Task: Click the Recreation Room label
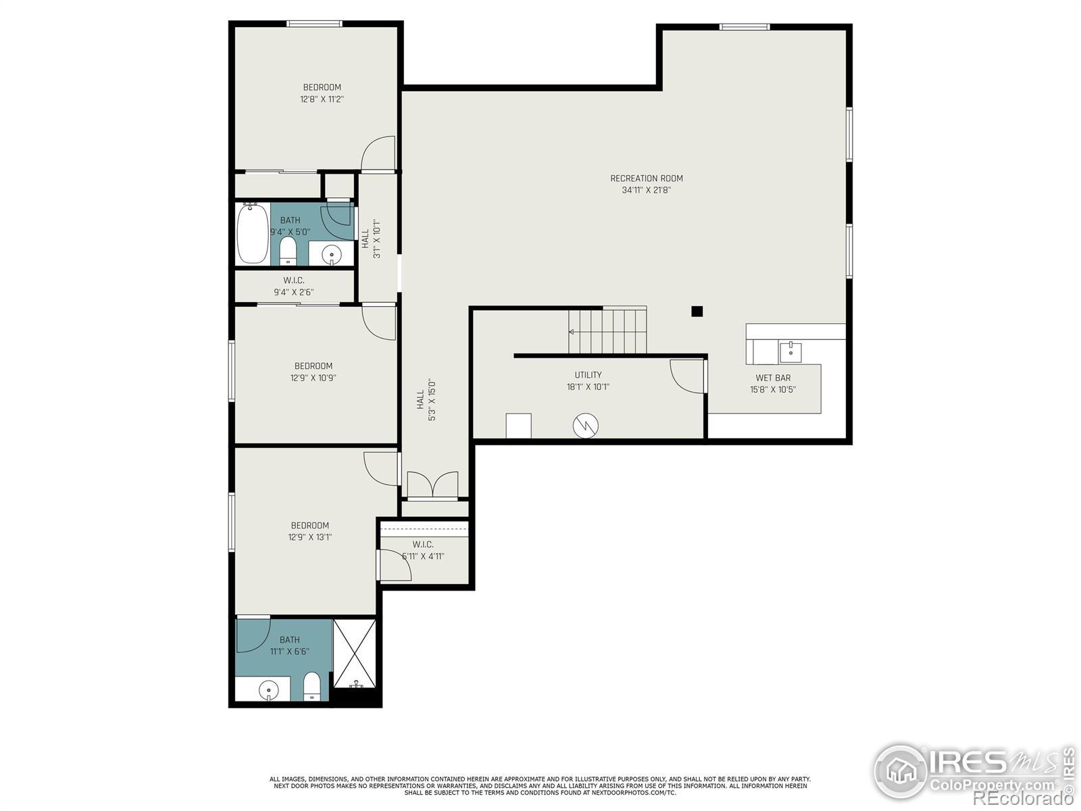coord(646,178)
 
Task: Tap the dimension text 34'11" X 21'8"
coord(646,190)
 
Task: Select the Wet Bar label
coord(773,378)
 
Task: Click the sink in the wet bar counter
coord(790,353)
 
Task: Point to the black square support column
coord(697,311)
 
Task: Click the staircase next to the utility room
coord(607,330)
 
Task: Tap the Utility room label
coord(588,374)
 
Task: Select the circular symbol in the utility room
coord(586,426)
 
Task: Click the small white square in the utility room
coord(519,426)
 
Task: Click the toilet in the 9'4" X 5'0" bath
coord(288,251)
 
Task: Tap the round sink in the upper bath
coord(332,255)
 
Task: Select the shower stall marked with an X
coord(355,654)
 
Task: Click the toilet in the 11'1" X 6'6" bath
coord(311,686)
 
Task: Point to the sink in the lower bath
coord(269,690)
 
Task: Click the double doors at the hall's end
coord(432,485)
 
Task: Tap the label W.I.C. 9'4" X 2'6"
coord(293,286)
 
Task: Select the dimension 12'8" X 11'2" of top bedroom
coord(322,99)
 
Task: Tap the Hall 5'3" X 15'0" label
coord(426,399)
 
